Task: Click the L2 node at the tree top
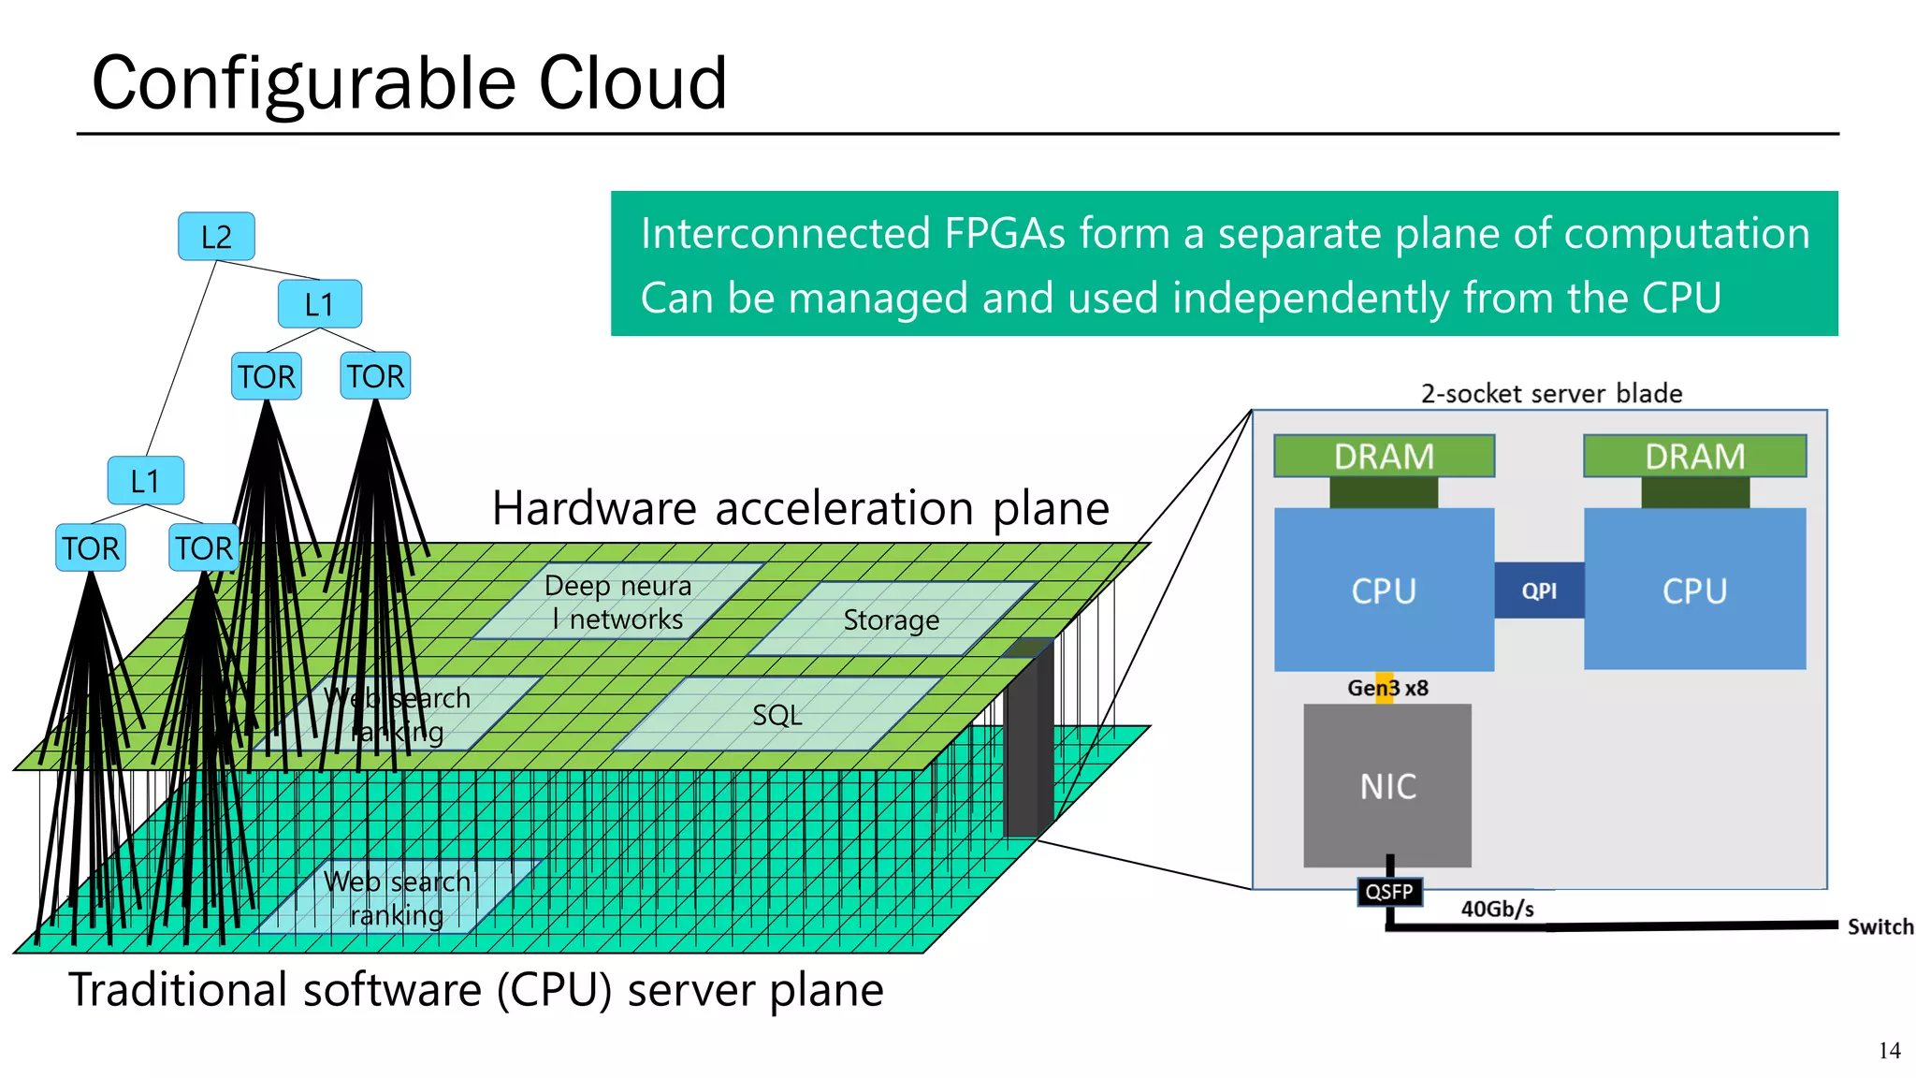coord(216,237)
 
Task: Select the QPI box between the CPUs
coord(1539,590)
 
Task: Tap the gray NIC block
coord(1387,786)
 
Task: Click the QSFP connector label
coord(1389,892)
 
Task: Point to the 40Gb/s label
coord(1497,909)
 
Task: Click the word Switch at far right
coord(1880,926)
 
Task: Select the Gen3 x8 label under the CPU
coord(1387,688)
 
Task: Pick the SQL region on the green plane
coord(777,716)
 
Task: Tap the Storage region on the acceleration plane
coord(891,620)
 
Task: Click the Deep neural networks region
coord(617,603)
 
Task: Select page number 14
coord(1889,1051)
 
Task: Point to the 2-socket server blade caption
coord(1551,393)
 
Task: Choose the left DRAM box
coord(1384,457)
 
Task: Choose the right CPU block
coord(1694,590)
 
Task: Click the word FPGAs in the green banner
coord(1004,233)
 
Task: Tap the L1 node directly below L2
coord(320,304)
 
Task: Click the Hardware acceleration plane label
coord(801,508)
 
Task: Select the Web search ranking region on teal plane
coord(397,898)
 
